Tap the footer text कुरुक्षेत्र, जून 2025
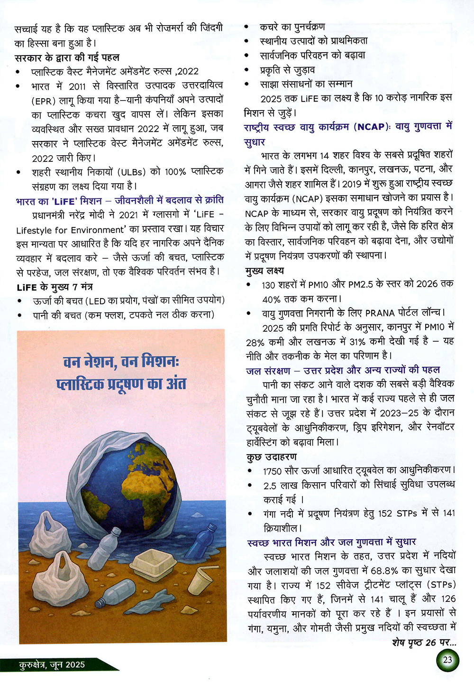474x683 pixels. (x=52, y=664)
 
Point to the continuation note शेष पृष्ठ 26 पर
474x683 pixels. (x=424, y=643)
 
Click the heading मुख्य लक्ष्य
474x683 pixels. (x=265, y=271)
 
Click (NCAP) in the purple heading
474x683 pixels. (x=371, y=127)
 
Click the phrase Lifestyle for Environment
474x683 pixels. (x=73, y=230)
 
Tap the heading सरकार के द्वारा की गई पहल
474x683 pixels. (x=67, y=57)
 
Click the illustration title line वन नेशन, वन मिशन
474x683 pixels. (x=121, y=362)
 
